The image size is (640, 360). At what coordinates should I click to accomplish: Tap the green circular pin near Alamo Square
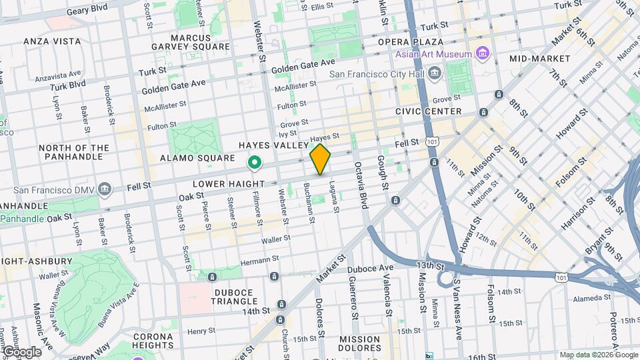pyautogui.click(x=254, y=162)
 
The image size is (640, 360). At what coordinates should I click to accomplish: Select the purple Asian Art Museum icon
pyautogui.click(x=484, y=54)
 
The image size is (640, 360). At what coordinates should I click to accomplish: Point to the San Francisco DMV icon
pyautogui.click(x=105, y=189)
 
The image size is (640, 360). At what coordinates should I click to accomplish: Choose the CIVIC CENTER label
pyautogui.click(x=428, y=111)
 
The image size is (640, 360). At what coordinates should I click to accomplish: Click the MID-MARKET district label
pyautogui.click(x=539, y=59)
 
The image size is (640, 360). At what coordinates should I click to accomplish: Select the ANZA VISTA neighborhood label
pyautogui.click(x=52, y=41)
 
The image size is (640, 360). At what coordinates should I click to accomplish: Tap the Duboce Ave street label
pyautogui.click(x=371, y=269)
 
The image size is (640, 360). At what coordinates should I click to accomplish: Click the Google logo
pyautogui.click(x=21, y=351)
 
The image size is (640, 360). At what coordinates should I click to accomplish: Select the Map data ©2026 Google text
pyautogui.click(x=598, y=355)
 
